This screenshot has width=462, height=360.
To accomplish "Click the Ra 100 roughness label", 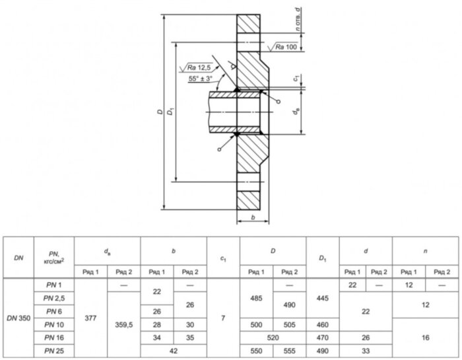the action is coord(286,47).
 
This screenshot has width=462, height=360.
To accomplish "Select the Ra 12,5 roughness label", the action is coord(199,68).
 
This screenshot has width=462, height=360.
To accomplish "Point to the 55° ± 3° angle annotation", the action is coord(201,79).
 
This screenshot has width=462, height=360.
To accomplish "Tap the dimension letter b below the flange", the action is coord(253,217).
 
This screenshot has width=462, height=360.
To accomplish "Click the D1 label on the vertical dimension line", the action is coord(170,112).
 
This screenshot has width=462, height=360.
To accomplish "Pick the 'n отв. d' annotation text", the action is coord(299,19).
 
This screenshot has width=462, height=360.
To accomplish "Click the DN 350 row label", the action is coord(18,318).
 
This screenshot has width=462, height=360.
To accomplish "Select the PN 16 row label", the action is coord(54,338).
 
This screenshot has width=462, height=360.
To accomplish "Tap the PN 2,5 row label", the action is coord(54,298).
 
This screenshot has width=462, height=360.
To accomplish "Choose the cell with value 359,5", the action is coord(124,324).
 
